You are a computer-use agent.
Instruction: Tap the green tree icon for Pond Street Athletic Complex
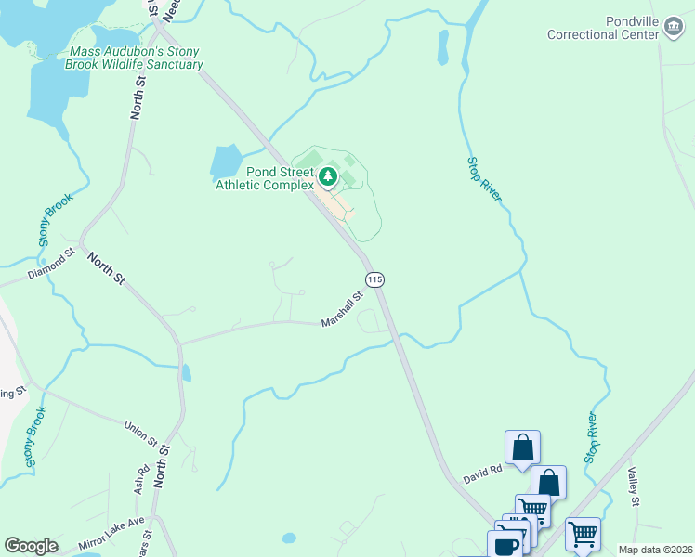(x=328, y=175)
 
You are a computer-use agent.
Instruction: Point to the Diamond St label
(x=50, y=265)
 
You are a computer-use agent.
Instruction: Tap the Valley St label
(x=636, y=488)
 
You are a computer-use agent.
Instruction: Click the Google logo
(x=31, y=545)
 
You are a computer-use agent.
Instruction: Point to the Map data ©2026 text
(x=655, y=550)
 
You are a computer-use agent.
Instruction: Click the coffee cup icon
(x=507, y=544)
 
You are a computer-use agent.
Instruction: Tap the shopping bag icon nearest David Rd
(x=522, y=447)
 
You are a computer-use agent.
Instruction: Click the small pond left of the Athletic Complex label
(x=225, y=162)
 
